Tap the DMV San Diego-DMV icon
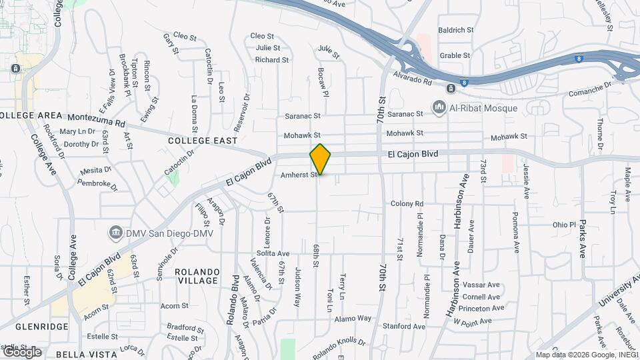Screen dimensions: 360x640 (115, 232)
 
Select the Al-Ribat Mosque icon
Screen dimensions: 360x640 (439, 107)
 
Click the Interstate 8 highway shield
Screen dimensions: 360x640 (465, 83)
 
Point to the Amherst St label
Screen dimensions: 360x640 (298, 175)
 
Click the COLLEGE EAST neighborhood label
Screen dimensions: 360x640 (203, 141)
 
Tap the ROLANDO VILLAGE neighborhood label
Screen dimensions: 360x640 (197, 276)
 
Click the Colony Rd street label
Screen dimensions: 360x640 (407, 203)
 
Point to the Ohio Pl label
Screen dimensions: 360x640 (563, 225)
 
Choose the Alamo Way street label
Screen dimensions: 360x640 (353, 318)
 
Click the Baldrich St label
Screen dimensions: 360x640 (456, 30)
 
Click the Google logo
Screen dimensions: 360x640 (21, 352)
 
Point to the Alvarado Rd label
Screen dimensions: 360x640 (413, 77)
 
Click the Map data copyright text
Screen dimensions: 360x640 (586, 355)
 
